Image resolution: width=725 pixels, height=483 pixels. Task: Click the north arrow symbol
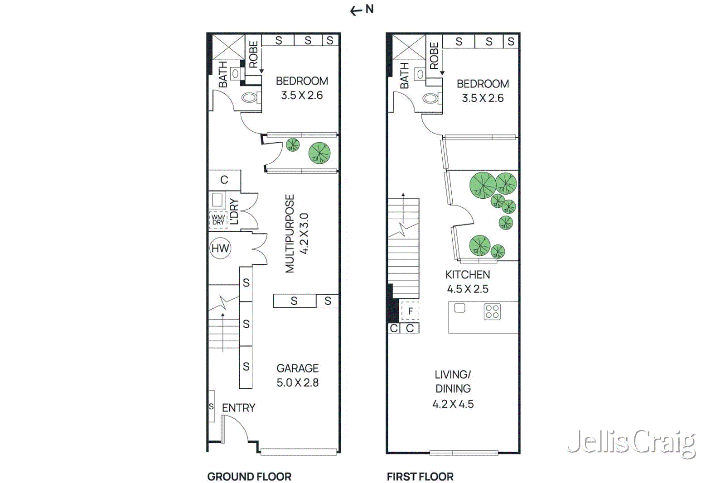(x=362, y=10)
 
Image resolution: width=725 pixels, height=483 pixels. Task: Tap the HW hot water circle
(x=220, y=248)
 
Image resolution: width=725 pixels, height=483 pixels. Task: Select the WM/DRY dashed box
(x=218, y=220)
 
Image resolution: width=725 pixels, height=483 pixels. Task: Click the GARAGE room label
(x=298, y=368)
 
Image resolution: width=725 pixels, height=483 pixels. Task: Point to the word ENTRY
(x=238, y=408)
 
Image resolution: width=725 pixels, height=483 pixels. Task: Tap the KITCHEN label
(x=468, y=275)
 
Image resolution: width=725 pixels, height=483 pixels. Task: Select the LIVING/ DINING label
(x=453, y=382)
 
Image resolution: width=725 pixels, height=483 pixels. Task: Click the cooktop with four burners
(x=492, y=311)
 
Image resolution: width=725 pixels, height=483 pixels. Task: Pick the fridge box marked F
(x=410, y=311)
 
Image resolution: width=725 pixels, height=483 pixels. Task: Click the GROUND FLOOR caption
(x=249, y=477)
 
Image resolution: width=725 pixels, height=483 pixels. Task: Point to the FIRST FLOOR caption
(x=420, y=477)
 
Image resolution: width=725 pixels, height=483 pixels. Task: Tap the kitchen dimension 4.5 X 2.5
(x=468, y=289)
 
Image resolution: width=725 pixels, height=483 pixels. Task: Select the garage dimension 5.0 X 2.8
(x=298, y=383)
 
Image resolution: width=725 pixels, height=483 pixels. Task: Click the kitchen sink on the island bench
(x=459, y=308)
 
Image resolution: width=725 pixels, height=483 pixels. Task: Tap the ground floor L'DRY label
(x=234, y=211)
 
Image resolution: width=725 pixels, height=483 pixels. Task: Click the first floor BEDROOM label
(x=483, y=84)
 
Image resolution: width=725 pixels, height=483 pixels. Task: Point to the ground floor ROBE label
(x=253, y=54)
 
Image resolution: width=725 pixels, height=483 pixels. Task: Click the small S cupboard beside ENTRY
(x=211, y=406)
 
